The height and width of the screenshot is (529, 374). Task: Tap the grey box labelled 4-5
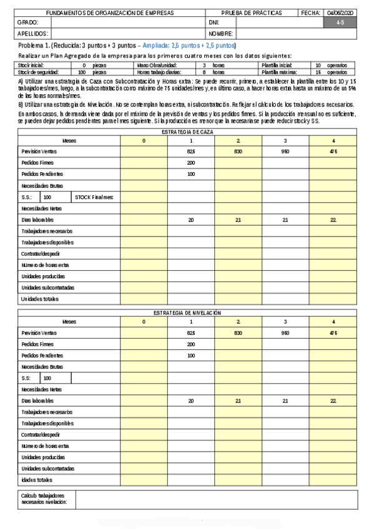340,22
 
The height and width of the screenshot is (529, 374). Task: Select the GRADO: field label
29,22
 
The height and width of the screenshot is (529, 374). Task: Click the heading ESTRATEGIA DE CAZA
187,133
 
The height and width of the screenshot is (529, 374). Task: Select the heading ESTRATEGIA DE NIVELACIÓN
187,313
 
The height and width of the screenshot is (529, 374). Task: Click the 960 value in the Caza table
285,152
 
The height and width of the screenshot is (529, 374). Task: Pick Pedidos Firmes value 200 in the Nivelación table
191,344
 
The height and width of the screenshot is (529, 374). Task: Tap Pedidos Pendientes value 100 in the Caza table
191,174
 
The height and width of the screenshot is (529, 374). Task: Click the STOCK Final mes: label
94,197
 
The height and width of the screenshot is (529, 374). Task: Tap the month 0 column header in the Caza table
144,141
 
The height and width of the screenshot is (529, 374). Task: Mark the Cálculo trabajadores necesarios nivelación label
42,498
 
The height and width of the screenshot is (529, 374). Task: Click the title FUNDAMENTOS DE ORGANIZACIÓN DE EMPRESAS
110,13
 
